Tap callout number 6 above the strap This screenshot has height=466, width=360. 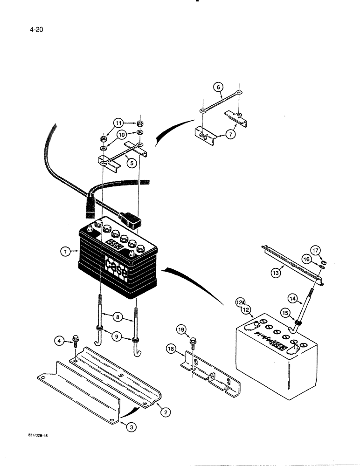click(x=217, y=86)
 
